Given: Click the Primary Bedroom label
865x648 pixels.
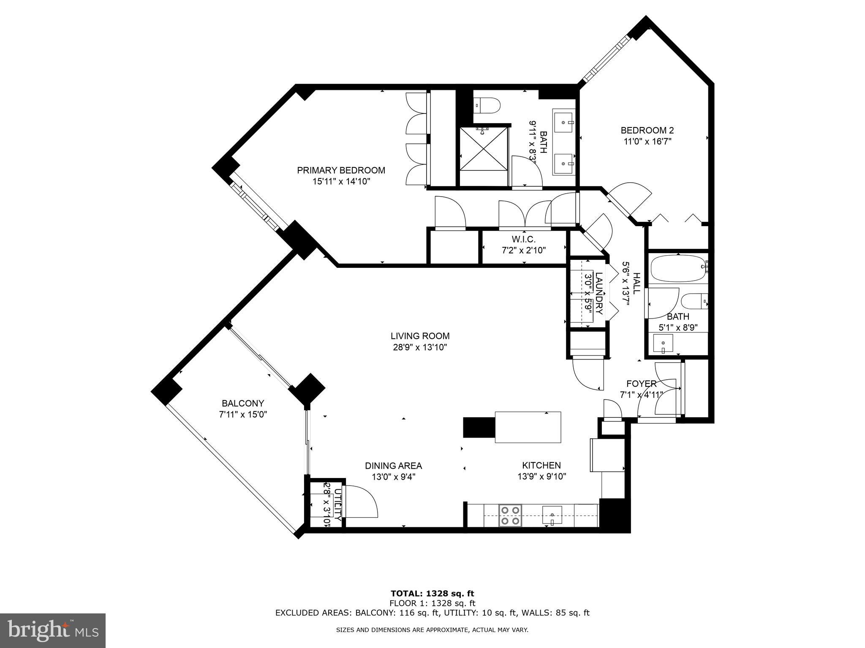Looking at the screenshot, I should point(341,170).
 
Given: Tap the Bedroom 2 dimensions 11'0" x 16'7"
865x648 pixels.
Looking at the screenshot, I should point(647,142).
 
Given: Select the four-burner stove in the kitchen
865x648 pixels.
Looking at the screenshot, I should point(510,516).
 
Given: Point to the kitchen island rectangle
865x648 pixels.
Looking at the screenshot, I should point(528,427).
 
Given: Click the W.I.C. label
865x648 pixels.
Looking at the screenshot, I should point(524,239).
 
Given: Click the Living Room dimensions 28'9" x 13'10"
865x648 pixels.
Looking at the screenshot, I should point(420,347).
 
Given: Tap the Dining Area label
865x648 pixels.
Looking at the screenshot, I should point(393,466).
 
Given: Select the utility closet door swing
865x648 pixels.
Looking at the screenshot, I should point(360,502).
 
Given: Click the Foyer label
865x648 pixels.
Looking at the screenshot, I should point(641,383).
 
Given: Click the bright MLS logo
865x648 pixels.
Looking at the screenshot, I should point(53,630).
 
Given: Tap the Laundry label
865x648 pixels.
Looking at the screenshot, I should point(598,294).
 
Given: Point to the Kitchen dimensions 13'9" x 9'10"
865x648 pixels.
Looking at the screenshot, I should point(541,477).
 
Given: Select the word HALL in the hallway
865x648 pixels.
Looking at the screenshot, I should point(636,283).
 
